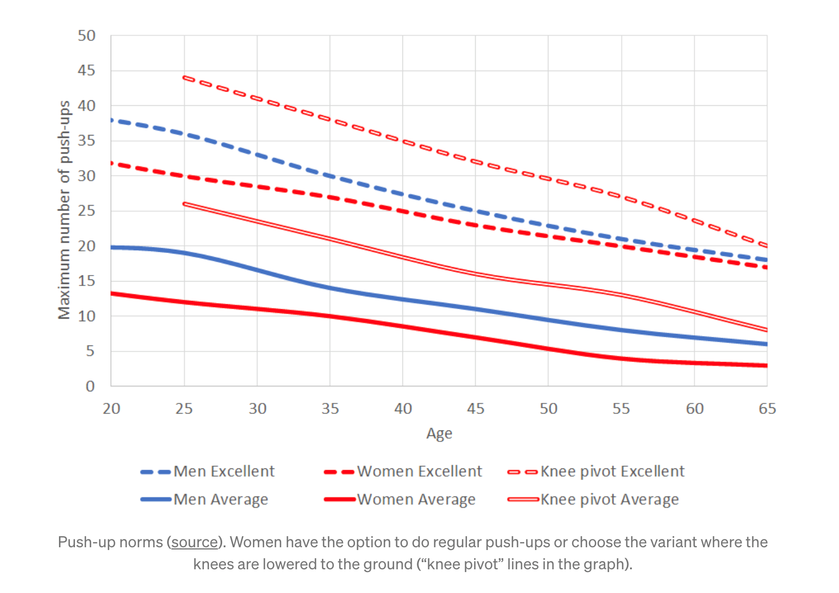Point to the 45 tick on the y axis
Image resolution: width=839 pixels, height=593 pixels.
[x=87, y=71]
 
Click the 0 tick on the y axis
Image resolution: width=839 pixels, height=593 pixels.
[x=90, y=386]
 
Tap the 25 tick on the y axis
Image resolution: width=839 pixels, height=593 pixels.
[x=87, y=211]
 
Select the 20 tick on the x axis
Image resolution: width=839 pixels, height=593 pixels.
[x=111, y=409]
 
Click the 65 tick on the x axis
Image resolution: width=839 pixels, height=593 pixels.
[x=767, y=409]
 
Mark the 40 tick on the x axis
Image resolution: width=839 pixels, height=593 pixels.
[x=403, y=409]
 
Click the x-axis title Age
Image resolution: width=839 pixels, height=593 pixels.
[x=439, y=434]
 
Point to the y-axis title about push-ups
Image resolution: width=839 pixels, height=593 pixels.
[x=64, y=210]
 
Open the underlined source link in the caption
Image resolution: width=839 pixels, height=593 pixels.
[x=195, y=542]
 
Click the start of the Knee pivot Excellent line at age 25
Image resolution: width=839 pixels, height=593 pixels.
[x=185, y=78]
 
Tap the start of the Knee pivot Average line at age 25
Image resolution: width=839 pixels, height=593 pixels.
[x=185, y=204]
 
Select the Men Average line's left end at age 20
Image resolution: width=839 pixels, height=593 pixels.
[x=112, y=247]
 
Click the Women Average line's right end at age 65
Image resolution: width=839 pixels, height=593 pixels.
[x=766, y=365]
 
